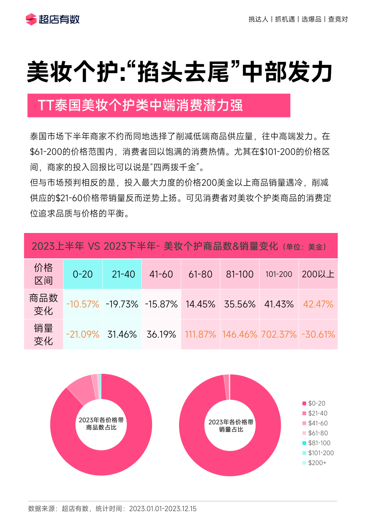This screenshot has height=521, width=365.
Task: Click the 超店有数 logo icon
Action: (x=31, y=19)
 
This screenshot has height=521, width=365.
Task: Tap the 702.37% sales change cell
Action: (x=279, y=334)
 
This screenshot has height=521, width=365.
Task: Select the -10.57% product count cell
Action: (x=83, y=304)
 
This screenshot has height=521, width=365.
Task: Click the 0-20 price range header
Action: (x=83, y=274)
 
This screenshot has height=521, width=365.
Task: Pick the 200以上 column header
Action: (x=318, y=274)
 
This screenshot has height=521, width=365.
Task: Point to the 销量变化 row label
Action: (x=44, y=334)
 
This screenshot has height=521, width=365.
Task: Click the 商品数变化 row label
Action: (x=44, y=304)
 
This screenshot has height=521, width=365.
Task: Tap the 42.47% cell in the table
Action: (x=318, y=304)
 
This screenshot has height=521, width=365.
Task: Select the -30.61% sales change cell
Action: (x=318, y=334)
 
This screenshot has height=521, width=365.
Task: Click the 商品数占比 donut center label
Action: (x=101, y=424)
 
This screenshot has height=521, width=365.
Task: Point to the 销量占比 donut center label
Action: (x=231, y=426)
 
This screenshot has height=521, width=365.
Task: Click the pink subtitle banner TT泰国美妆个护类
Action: (x=159, y=105)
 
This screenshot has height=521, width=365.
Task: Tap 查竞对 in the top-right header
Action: (x=338, y=19)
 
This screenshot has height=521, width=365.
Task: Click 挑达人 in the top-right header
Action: (x=258, y=19)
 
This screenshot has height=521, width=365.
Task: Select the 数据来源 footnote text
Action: (x=112, y=509)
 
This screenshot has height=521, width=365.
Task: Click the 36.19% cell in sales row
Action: (x=161, y=334)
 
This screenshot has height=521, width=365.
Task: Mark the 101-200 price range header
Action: (x=279, y=274)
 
